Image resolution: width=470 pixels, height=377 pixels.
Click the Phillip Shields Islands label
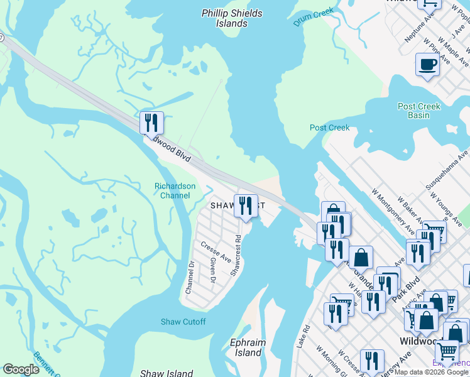(224, 18)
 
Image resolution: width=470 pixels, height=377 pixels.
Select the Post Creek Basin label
(418, 111)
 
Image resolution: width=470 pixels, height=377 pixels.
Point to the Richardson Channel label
(175, 190)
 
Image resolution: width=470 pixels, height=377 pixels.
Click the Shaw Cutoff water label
(183, 322)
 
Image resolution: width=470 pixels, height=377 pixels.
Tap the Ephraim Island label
(248, 347)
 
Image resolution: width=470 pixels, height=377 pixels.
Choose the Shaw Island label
(166, 373)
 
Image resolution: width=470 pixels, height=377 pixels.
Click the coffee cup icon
(427, 65)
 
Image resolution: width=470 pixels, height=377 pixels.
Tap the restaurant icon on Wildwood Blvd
(151, 123)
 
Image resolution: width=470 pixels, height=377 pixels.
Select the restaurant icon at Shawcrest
(246, 205)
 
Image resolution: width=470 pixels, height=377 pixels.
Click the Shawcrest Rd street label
(236, 256)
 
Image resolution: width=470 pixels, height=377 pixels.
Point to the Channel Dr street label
(189, 277)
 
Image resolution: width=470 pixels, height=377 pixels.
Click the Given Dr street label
(213, 270)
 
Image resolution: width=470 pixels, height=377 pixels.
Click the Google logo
(21, 369)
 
